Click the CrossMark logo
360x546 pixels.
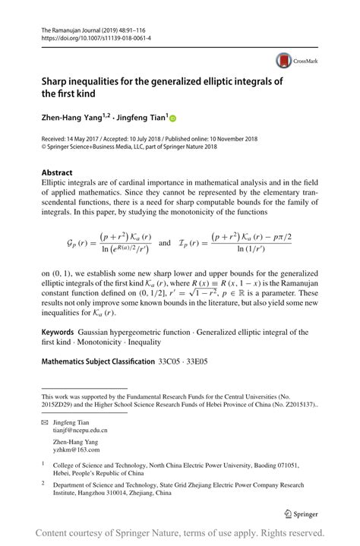(294, 60)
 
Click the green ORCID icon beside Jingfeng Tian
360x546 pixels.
(172, 118)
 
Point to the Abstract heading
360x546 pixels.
(58, 172)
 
